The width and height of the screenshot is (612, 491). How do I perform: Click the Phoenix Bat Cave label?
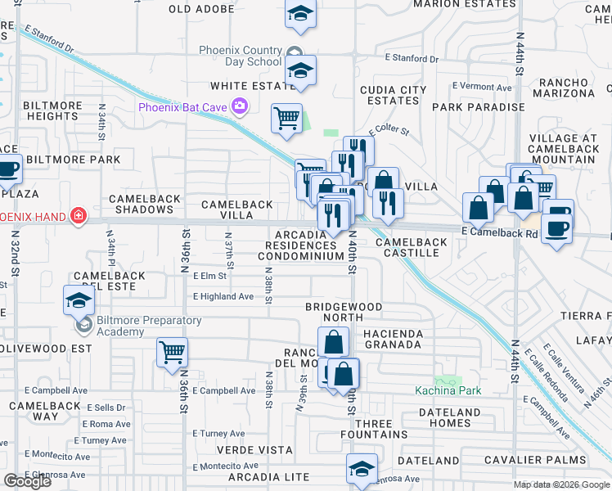[182, 106]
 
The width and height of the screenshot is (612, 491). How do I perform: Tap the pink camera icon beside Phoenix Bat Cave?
[239, 105]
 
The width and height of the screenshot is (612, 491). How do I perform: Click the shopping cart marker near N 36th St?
[172, 353]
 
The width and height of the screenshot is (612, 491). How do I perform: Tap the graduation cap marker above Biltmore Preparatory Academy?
[79, 300]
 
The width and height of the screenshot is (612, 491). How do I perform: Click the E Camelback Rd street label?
[498, 233]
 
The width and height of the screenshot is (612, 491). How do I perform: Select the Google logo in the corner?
[27, 481]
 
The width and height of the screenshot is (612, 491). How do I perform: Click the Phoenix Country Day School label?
[241, 56]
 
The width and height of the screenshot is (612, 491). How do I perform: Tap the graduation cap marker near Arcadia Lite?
[362, 468]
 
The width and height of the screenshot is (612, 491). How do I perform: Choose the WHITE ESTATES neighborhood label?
[245, 85]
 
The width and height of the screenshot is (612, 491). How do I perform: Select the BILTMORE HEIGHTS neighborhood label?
[53, 110]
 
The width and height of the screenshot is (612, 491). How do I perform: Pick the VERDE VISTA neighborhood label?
[254, 450]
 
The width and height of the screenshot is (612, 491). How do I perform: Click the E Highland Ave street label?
[223, 296]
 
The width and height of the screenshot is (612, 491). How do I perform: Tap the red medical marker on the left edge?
[79, 216]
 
